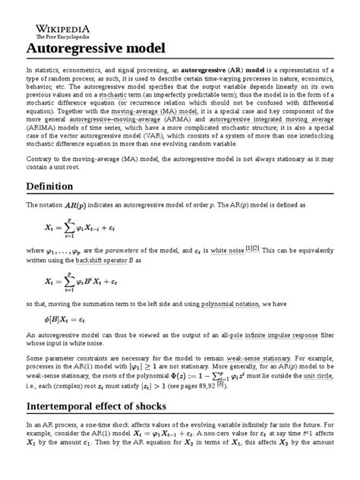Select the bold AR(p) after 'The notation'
coord(74,206)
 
